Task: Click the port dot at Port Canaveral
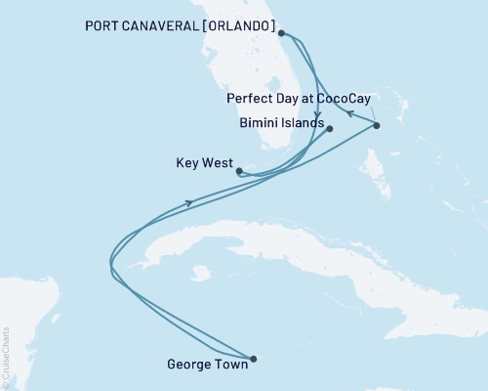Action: click(281, 33)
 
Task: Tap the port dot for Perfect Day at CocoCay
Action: click(377, 126)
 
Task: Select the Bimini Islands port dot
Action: click(330, 129)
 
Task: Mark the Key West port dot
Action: click(239, 170)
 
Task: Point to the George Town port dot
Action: click(253, 359)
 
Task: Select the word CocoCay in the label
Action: click(342, 99)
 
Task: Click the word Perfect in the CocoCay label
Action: click(247, 99)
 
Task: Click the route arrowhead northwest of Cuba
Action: click(188, 203)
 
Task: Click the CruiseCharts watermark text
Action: click(5, 358)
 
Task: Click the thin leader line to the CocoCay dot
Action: click(370, 115)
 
